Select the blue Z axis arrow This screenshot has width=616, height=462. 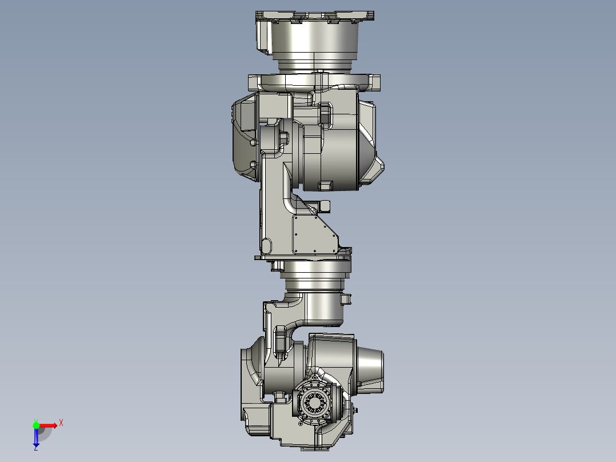pyautogui.click(x=35, y=438)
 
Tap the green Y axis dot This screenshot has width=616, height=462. pyautogui.click(x=36, y=425)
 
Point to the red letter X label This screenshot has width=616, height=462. pyautogui.click(x=61, y=423)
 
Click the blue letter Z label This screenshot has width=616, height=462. pyautogui.click(x=35, y=448)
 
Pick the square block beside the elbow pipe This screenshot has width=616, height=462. pyautogui.click(x=325, y=205)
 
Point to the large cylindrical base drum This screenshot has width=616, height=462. pyautogui.click(x=315, y=42)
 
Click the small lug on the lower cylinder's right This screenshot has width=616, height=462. pyautogui.click(x=345, y=299)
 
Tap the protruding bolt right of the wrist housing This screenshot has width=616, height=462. pyautogui.click(x=356, y=410)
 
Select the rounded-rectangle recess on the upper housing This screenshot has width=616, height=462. pyautogui.click(x=324, y=114)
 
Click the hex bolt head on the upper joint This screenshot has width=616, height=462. pyautogui.click(x=283, y=137)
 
